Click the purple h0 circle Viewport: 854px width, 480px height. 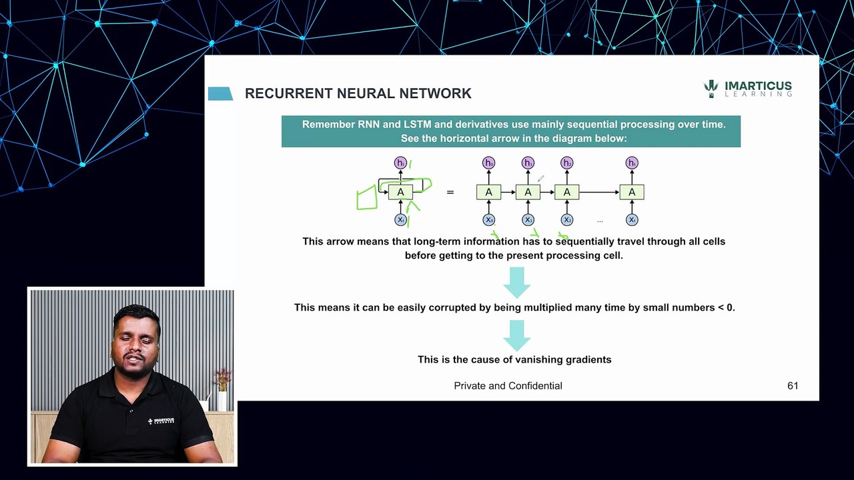click(x=488, y=163)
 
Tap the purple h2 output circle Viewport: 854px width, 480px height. click(x=566, y=163)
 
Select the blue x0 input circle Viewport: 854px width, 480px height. click(x=488, y=219)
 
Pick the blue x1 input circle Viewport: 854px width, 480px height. click(x=528, y=219)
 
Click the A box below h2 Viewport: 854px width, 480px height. click(x=566, y=193)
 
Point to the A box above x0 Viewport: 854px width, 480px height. click(x=488, y=193)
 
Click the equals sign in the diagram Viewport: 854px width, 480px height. click(x=450, y=193)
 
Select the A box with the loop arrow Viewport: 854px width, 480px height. click(x=400, y=193)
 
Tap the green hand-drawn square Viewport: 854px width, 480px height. click(x=367, y=199)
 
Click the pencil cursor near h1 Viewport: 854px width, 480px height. click(x=540, y=178)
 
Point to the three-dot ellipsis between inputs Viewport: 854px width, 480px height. click(x=600, y=221)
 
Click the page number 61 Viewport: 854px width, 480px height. click(x=793, y=386)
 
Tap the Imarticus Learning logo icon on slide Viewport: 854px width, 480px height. click(x=711, y=89)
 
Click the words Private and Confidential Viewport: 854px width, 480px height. click(x=508, y=386)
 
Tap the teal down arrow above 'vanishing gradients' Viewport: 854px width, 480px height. click(x=516, y=335)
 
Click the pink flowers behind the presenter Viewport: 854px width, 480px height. click(x=223, y=379)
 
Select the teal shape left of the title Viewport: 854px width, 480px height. click(x=220, y=94)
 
